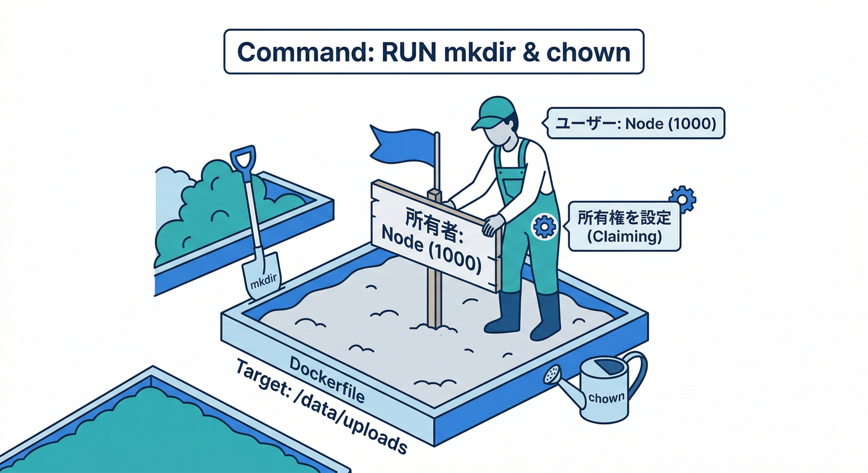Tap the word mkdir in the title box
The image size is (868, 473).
[471, 52]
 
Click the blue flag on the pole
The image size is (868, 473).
[401, 145]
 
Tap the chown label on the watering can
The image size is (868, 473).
[606, 398]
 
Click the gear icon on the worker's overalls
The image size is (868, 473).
[544, 227]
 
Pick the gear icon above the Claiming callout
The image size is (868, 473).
[682, 198]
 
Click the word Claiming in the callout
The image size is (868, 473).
[624, 237]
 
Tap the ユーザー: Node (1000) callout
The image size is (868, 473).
[636, 124]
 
